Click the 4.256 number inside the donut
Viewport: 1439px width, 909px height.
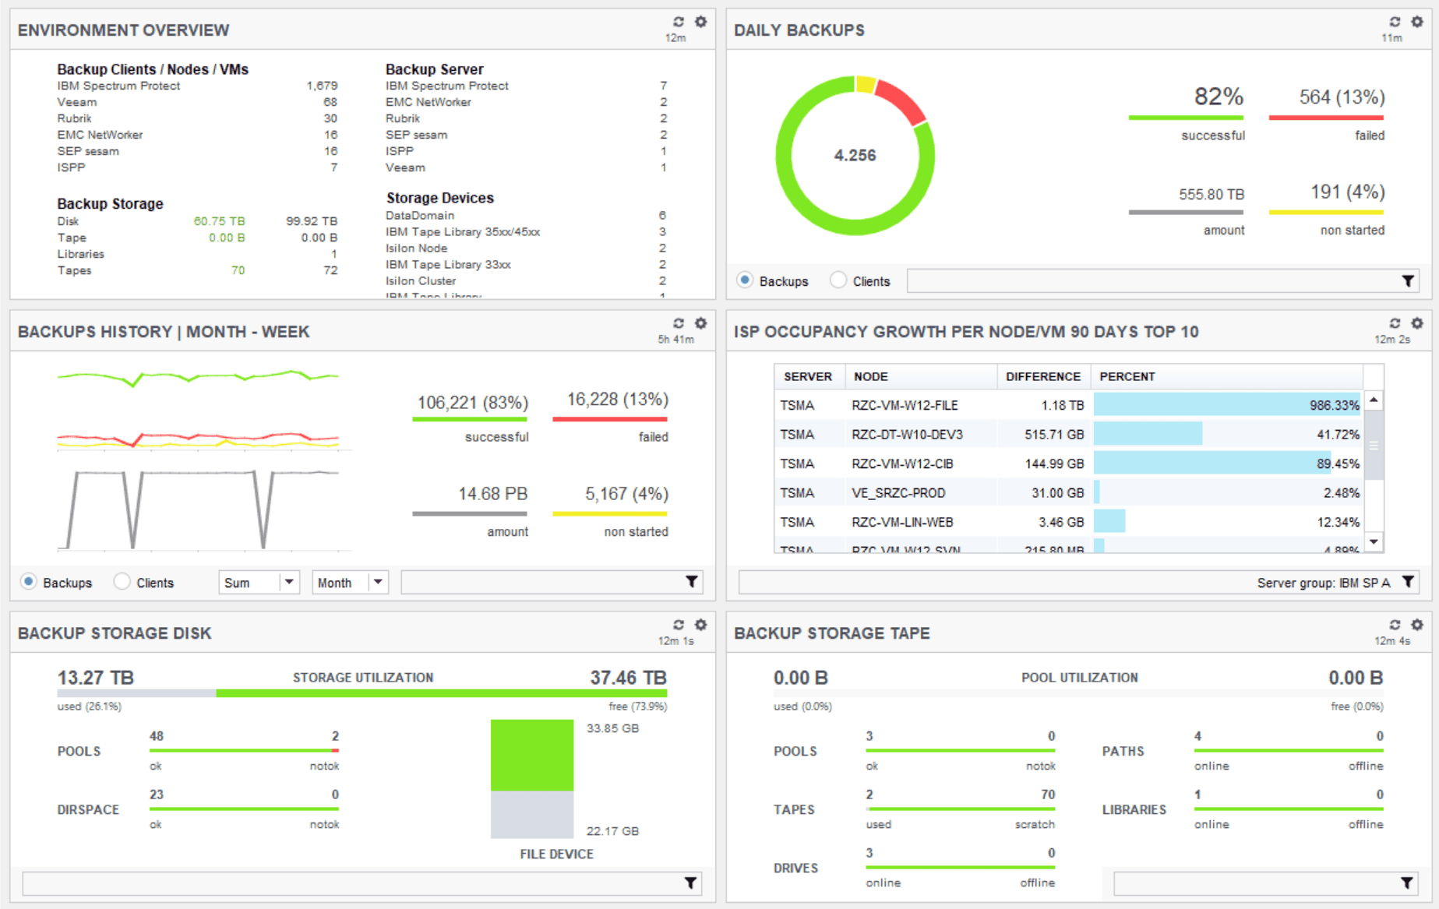click(x=855, y=155)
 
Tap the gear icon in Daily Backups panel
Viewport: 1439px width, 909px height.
click(x=1417, y=22)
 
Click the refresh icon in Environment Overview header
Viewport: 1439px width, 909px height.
click(x=679, y=22)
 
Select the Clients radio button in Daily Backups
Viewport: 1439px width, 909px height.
click(x=838, y=280)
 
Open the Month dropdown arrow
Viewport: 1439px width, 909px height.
click(x=378, y=582)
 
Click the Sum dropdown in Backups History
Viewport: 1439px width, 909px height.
click(x=259, y=582)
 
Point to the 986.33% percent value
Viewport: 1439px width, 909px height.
click(x=1333, y=405)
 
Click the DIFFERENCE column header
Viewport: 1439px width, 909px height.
click(x=1042, y=376)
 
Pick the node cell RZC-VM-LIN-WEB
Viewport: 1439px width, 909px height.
click(x=902, y=522)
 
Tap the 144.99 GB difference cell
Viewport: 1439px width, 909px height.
click(x=1053, y=463)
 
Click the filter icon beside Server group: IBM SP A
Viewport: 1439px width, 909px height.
click(x=1408, y=582)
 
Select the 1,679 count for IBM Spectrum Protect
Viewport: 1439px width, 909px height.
click(x=322, y=86)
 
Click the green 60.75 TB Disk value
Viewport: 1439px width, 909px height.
click(x=219, y=221)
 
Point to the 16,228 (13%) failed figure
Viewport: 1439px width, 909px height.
click(x=617, y=400)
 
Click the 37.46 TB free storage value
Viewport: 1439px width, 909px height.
click(x=628, y=678)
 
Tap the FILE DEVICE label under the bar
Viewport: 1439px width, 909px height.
click(x=556, y=854)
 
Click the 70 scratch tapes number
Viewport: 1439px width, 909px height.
click(x=1047, y=794)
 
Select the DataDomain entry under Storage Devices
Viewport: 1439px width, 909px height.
click(x=419, y=215)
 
